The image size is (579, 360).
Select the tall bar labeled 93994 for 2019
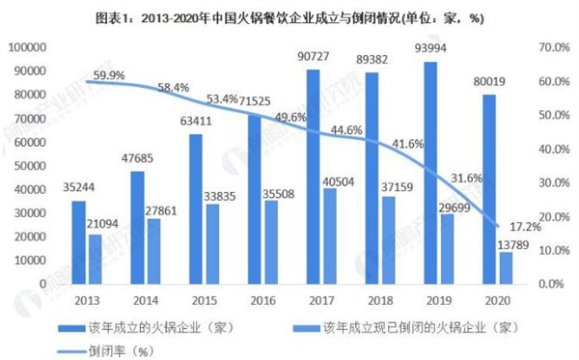point(429,174)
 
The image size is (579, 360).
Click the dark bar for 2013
point(78,241)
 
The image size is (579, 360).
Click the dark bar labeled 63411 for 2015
point(195,208)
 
